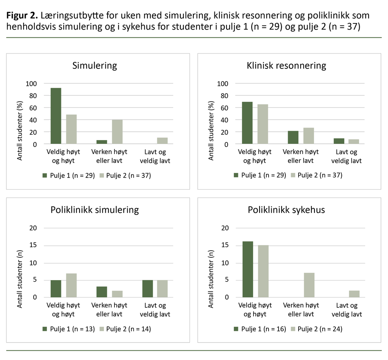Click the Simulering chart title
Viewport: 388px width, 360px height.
(95, 65)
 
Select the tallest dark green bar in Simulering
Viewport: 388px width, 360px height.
(56, 116)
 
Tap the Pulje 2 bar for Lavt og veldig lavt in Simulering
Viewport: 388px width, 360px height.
(162, 140)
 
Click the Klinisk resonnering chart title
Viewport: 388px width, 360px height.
(286, 65)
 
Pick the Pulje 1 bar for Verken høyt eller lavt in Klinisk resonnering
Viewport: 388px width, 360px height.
(293, 137)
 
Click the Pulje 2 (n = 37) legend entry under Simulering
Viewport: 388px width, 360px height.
(125, 175)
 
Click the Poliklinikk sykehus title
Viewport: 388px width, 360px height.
(286, 210)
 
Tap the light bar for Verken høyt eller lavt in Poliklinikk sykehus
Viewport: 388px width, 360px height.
(309, 285)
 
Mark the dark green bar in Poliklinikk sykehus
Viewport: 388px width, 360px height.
(247, 269)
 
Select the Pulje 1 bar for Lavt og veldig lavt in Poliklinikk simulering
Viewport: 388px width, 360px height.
(147, 288)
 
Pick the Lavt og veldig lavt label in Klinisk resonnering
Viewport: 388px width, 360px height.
(346, 156)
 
